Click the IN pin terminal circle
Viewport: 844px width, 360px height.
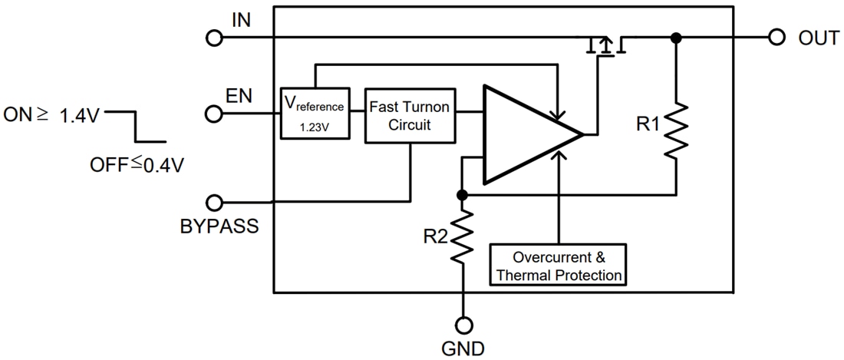pos(215,37)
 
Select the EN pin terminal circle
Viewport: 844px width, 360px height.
pos(215,114)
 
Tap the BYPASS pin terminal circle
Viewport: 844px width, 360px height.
pos(215,203)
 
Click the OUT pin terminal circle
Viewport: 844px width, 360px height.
pos(776,37)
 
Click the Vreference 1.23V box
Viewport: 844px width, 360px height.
pos(315,113)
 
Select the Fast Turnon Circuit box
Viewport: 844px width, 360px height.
pos(409,114)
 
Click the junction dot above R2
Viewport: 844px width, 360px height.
pos(463,195)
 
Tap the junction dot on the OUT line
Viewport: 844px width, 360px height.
pos(675,38)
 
